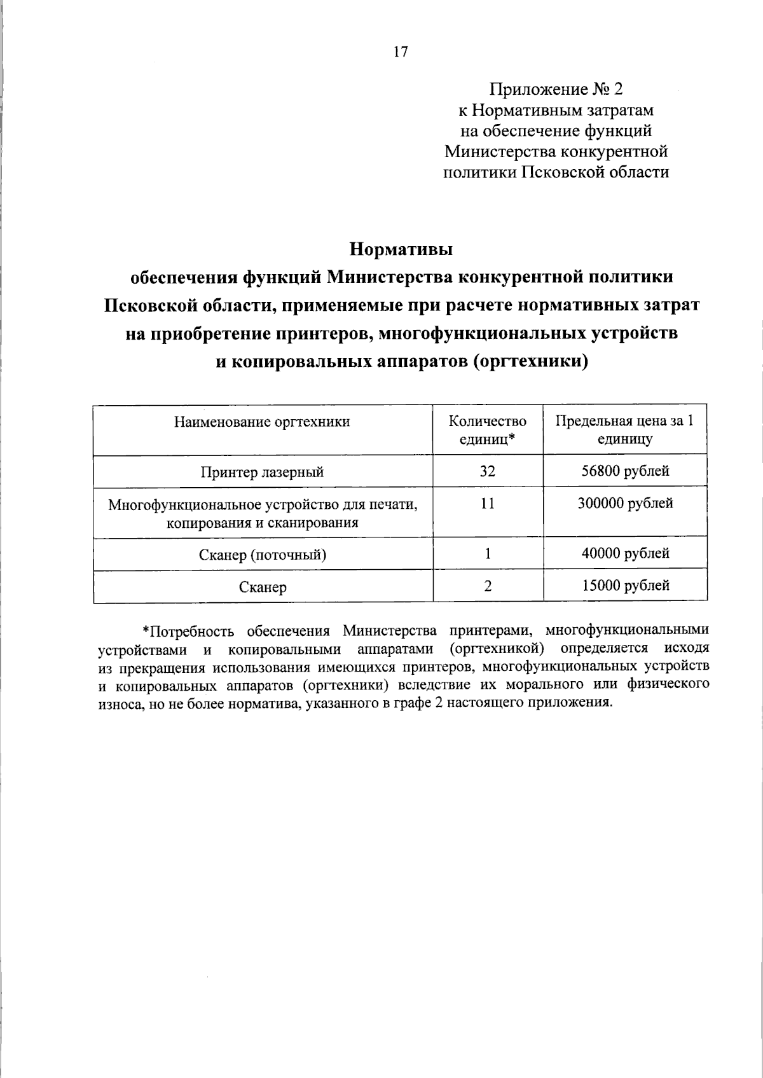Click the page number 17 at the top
point(401,52)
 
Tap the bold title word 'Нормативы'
point(401,249)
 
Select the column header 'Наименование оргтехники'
point(262,422)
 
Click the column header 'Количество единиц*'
point(487,430)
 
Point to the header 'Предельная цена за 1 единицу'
point(624,430)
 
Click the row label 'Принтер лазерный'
point(262,472)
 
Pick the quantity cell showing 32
point(487,471)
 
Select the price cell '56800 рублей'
point(625,471)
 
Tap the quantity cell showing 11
point(487,504)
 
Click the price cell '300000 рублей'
point(625,504)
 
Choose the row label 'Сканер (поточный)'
point(262,555)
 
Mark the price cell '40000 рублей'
point(625,553)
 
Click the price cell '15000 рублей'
point(625,586)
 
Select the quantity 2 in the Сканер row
point(487,586)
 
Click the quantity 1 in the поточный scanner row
point(487,553)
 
